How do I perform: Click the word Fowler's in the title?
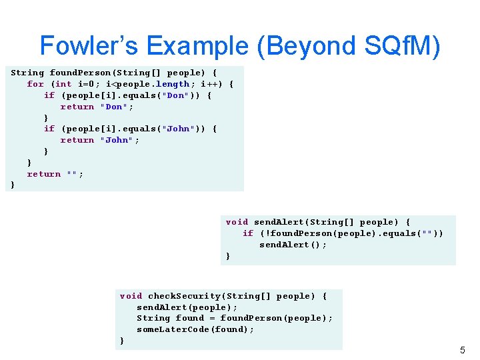[89, 45]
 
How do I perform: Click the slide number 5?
[463, 350]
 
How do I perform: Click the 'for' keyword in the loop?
[35, 84]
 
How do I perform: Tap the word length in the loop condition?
[173, 84]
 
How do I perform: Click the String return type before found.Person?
[27, 73]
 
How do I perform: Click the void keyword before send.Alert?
[237, 222]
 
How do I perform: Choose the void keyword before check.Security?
[131, 296]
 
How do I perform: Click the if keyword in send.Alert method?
[248, 233]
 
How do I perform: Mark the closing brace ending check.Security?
[121, 341]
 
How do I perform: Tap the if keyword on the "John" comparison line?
[49, 129]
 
